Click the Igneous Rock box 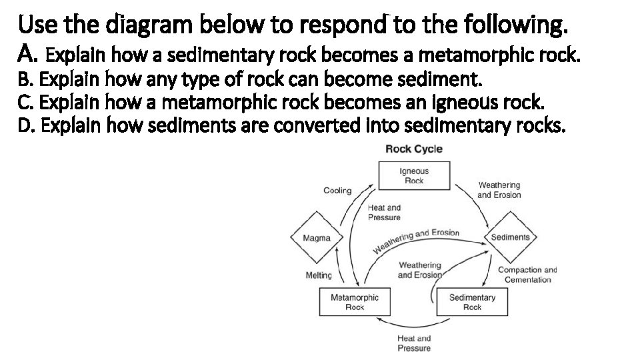[413, 175]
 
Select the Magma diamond [317, 238]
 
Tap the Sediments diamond [510, 237]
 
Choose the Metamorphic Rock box [355, 302]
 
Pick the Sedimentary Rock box [472, 302]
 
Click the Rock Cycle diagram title [413, 149]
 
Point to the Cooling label [337, 191]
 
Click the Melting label [318, 275]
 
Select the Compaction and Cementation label [527, 275]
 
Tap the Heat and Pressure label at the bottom [414, 343]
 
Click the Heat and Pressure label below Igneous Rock [384, 213]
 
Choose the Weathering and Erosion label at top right [499, 190]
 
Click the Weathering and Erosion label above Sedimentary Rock [419, 270]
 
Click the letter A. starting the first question [29, 52]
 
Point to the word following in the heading [517, 27]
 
